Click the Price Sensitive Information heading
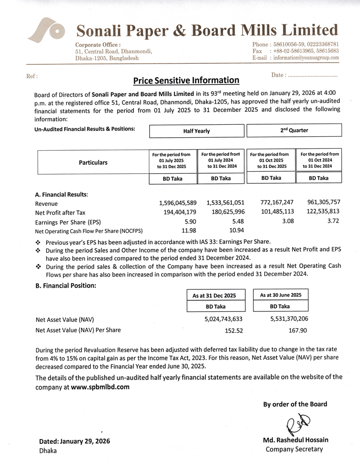click(186, 80)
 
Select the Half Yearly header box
click(196, 131)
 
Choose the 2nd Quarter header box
click(294, 130)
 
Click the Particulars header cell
click(94, 162)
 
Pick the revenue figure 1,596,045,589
click(177, 203)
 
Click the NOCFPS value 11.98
click(188, 231)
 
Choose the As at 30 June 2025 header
click(280, 295)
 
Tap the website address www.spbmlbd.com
click(100, 387)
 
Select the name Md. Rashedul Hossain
click(295, 440)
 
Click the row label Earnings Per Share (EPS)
click(69, 222)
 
